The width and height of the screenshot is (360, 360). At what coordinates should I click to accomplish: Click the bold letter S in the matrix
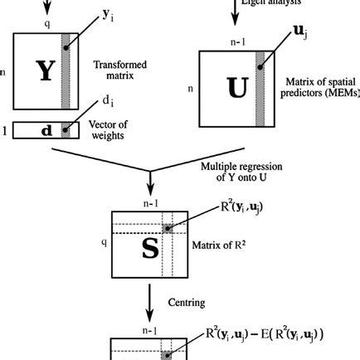(149, 247)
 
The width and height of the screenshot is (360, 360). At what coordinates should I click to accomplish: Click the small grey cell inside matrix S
(168, 228)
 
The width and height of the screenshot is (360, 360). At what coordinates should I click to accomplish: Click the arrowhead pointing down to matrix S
(149, 189)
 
